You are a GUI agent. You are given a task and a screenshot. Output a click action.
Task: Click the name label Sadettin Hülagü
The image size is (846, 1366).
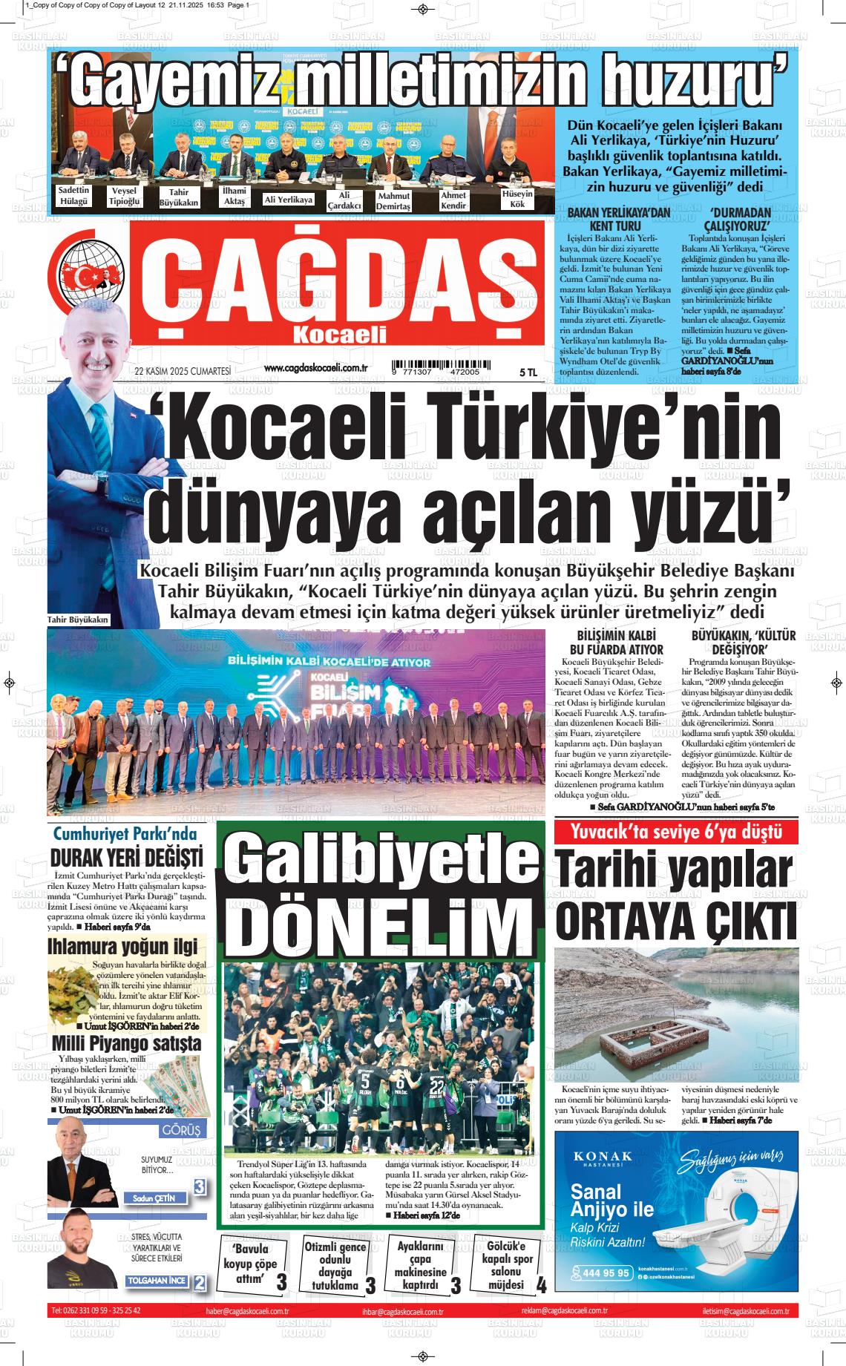73,195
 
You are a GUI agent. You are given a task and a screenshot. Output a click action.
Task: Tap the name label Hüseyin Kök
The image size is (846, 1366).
517,198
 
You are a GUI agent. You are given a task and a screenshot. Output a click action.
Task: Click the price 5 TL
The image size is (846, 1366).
528,372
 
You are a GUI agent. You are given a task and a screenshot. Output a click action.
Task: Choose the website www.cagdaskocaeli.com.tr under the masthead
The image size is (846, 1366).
317,368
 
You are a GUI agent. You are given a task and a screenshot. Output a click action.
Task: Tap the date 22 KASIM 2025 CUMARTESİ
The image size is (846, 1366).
183,372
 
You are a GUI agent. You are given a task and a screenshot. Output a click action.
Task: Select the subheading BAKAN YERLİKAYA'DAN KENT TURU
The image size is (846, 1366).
618,219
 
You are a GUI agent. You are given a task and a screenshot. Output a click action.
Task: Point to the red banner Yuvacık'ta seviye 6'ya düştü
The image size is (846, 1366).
676,832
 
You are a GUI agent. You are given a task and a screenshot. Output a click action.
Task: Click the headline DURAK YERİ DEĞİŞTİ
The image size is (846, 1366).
126,858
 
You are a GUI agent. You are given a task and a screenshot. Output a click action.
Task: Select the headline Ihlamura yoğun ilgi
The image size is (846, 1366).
122,946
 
